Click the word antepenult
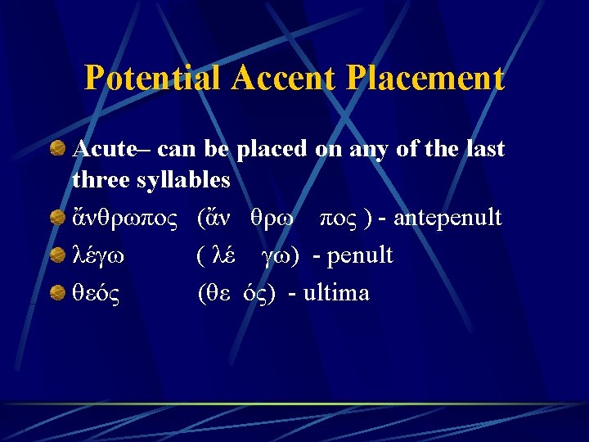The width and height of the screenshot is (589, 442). (x=447, y=219)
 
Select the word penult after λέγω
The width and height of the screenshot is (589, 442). (x=360, y=256)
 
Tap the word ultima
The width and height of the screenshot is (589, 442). (x=336, y=293)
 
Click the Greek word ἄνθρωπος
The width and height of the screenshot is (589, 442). (x=125, y=219)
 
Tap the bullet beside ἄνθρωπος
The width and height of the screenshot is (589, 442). (x=57, y=219)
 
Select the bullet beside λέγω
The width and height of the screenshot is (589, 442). (x=57, y=255)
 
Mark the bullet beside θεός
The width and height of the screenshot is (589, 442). (x=57, y=292)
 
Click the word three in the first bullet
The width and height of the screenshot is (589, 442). (x=97, y=178)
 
